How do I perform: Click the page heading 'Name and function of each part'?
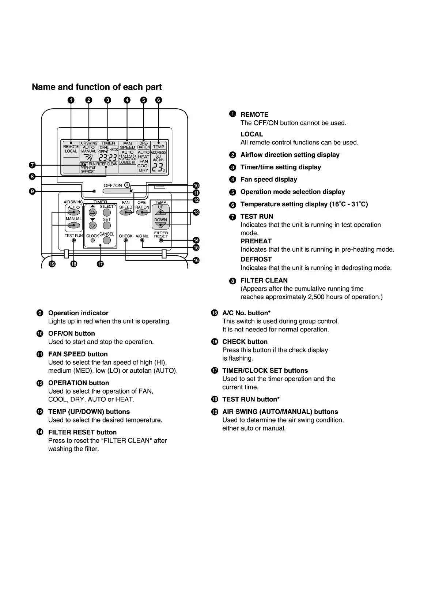[x=97, y=87]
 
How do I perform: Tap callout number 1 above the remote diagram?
[x=71, y=100]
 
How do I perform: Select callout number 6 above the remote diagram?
[x=158, y=100]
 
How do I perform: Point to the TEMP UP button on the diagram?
[x=160, y=212]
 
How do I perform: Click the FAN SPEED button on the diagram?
[x=126, y=212]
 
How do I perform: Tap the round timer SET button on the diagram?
[x=107, y=225]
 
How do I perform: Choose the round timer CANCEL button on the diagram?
[x=107, y=240]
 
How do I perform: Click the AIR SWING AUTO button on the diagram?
[x=74, y=212]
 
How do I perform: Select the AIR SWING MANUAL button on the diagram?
[x=74, y=225]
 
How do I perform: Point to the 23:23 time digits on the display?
[x=108, y=158]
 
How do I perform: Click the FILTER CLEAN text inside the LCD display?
[x=107, y=164]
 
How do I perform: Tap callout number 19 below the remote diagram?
[x=52, y=264]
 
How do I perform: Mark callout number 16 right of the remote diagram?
[x=196, y=260]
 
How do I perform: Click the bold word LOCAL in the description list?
[x=251, y=134]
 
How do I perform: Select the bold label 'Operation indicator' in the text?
[x=78, y=313]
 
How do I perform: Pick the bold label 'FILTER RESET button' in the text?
[x=82, y=432]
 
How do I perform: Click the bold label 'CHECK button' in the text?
[x=245, y=342]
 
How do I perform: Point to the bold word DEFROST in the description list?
[x=256, y=259]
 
